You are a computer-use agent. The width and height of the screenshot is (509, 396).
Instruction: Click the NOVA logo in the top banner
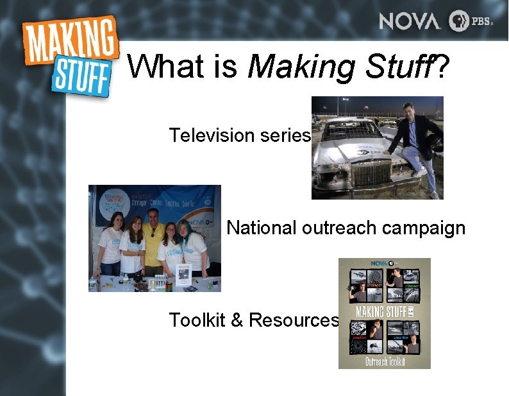click(410, 21)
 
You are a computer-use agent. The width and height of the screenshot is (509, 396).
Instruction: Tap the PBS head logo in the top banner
click(459, 21)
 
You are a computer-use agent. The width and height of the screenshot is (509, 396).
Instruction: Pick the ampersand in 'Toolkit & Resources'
click(236, 320)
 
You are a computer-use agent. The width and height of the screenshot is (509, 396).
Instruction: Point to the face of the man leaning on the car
click(407, 110)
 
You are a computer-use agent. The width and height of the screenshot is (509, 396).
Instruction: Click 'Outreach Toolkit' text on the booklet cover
click(384, 361)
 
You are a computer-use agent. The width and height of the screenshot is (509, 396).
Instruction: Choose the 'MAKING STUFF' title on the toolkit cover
click(381, 313)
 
